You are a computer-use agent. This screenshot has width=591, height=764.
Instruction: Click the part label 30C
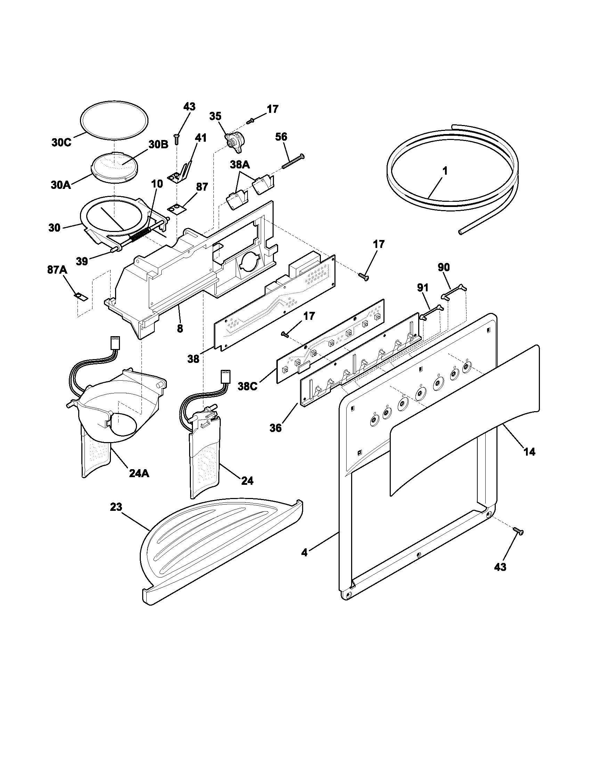point(61,143)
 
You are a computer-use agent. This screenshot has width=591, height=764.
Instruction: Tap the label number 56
point(281,137)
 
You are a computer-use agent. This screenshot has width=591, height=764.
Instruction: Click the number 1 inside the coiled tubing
point(445,171)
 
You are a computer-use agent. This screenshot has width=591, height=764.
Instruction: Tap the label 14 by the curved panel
point(529,452)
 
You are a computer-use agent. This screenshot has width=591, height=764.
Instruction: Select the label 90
point(444,267)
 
